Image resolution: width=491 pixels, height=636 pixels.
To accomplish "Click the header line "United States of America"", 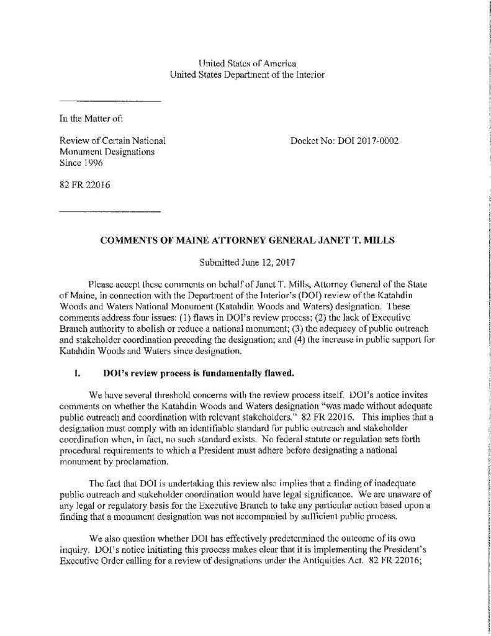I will (246, 63).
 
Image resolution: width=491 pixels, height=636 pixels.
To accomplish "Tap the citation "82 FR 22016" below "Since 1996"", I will (81, 184).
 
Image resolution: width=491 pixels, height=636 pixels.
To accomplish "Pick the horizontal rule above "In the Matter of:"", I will (110, 101).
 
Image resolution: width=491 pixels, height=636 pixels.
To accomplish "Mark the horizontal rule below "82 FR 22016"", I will (110, 212).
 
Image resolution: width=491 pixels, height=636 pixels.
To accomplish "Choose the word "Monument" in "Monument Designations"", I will (84, 152).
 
